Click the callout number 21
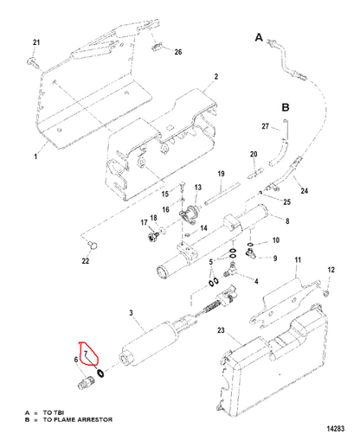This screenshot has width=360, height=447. click(36, 42)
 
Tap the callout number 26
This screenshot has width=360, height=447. click(178, 52)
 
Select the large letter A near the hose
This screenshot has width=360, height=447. click(259, 37)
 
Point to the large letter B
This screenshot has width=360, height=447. click(286, 107)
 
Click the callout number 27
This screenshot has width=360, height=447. click(266, 126)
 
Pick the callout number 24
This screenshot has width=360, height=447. click(305, 191)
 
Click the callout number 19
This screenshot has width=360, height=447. click(221, 174)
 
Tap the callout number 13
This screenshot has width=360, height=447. click(198, 188)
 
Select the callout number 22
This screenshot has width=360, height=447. click(86, 261)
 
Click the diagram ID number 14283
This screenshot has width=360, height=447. click(336, 429)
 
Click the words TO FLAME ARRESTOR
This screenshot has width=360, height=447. click(78, 419)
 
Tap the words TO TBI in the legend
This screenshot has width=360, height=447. click(54, 412)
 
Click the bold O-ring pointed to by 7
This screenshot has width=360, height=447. click(100, 373)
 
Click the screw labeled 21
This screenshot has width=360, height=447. click(31, 62)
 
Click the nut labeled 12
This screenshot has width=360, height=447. click(326, 293)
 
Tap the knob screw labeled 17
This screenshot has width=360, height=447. click(151, 237)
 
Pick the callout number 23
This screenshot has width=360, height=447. click(221, 330)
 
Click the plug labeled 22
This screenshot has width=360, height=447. click(93, 246)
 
